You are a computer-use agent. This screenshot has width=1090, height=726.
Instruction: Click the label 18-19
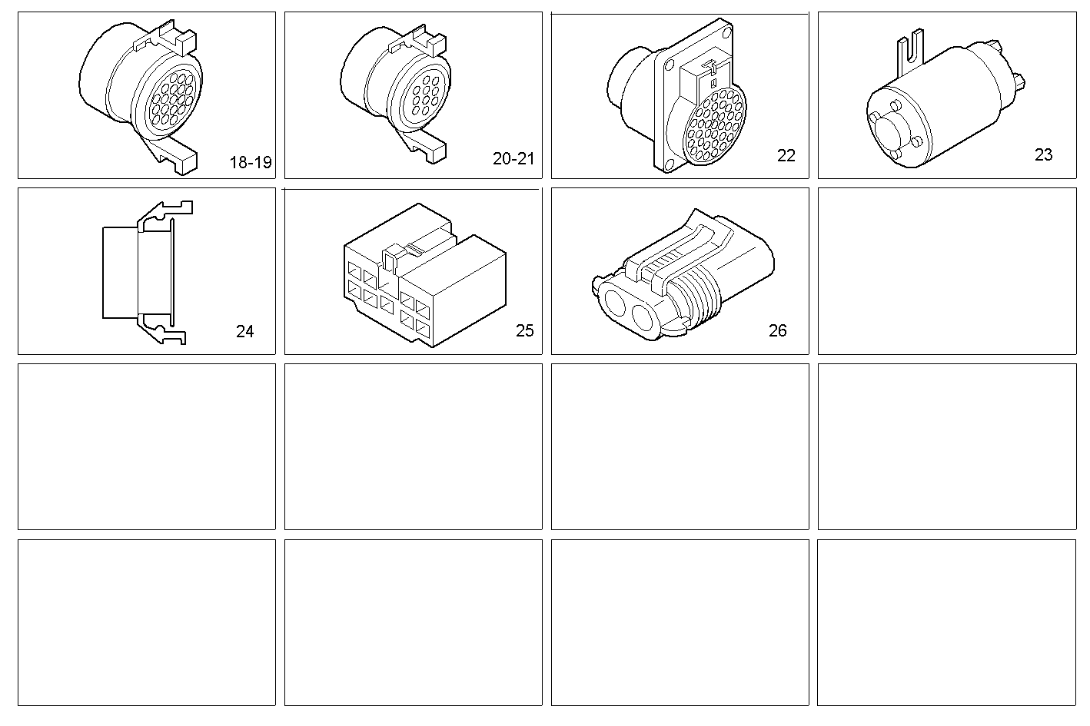click(251, 163)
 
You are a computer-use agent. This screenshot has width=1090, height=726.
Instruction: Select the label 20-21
click(513, 159)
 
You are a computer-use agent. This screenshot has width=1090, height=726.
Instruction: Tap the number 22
click(786, 155)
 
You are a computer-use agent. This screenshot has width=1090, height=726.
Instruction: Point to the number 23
click(1043, 154)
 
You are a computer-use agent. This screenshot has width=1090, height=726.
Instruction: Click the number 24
click(244, 331)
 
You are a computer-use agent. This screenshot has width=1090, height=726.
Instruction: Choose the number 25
click(524, 330)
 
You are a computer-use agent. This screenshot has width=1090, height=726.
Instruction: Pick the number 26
click(777, 330)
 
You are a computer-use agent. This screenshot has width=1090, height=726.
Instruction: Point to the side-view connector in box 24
click(142, 272)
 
